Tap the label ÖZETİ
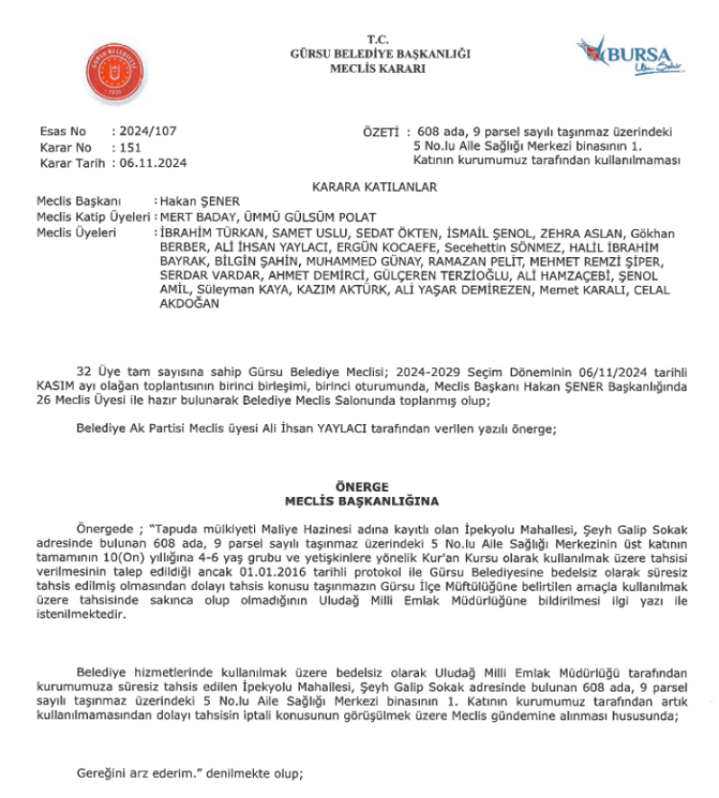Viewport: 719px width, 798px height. (383, 129)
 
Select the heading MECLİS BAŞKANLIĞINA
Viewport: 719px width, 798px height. (360, 501)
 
